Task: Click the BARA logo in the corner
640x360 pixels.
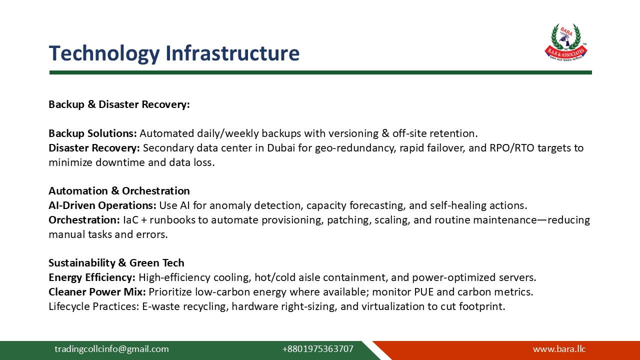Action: [566, 42]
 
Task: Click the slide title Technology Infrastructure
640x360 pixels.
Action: [174, 53]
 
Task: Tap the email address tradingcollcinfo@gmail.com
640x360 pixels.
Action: [111, 349]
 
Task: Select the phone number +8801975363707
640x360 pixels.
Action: [317, 349]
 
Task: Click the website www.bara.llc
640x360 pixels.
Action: [559, 349]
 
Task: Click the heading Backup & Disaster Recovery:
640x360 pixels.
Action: [119, 104]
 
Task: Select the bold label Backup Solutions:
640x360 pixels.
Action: [92, 133]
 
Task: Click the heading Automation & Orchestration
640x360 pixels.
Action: [119, 191]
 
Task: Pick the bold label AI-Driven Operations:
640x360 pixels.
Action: [102, 205]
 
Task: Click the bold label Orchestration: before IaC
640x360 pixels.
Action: [84, 220]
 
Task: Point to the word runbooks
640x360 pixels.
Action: [189, 220]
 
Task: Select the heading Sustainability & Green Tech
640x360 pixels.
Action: [116, 263]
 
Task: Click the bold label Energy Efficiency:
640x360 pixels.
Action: [92, 277]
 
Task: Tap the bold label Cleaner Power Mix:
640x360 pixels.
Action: [97, 291]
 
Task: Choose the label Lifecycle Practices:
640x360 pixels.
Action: [93, 306]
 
